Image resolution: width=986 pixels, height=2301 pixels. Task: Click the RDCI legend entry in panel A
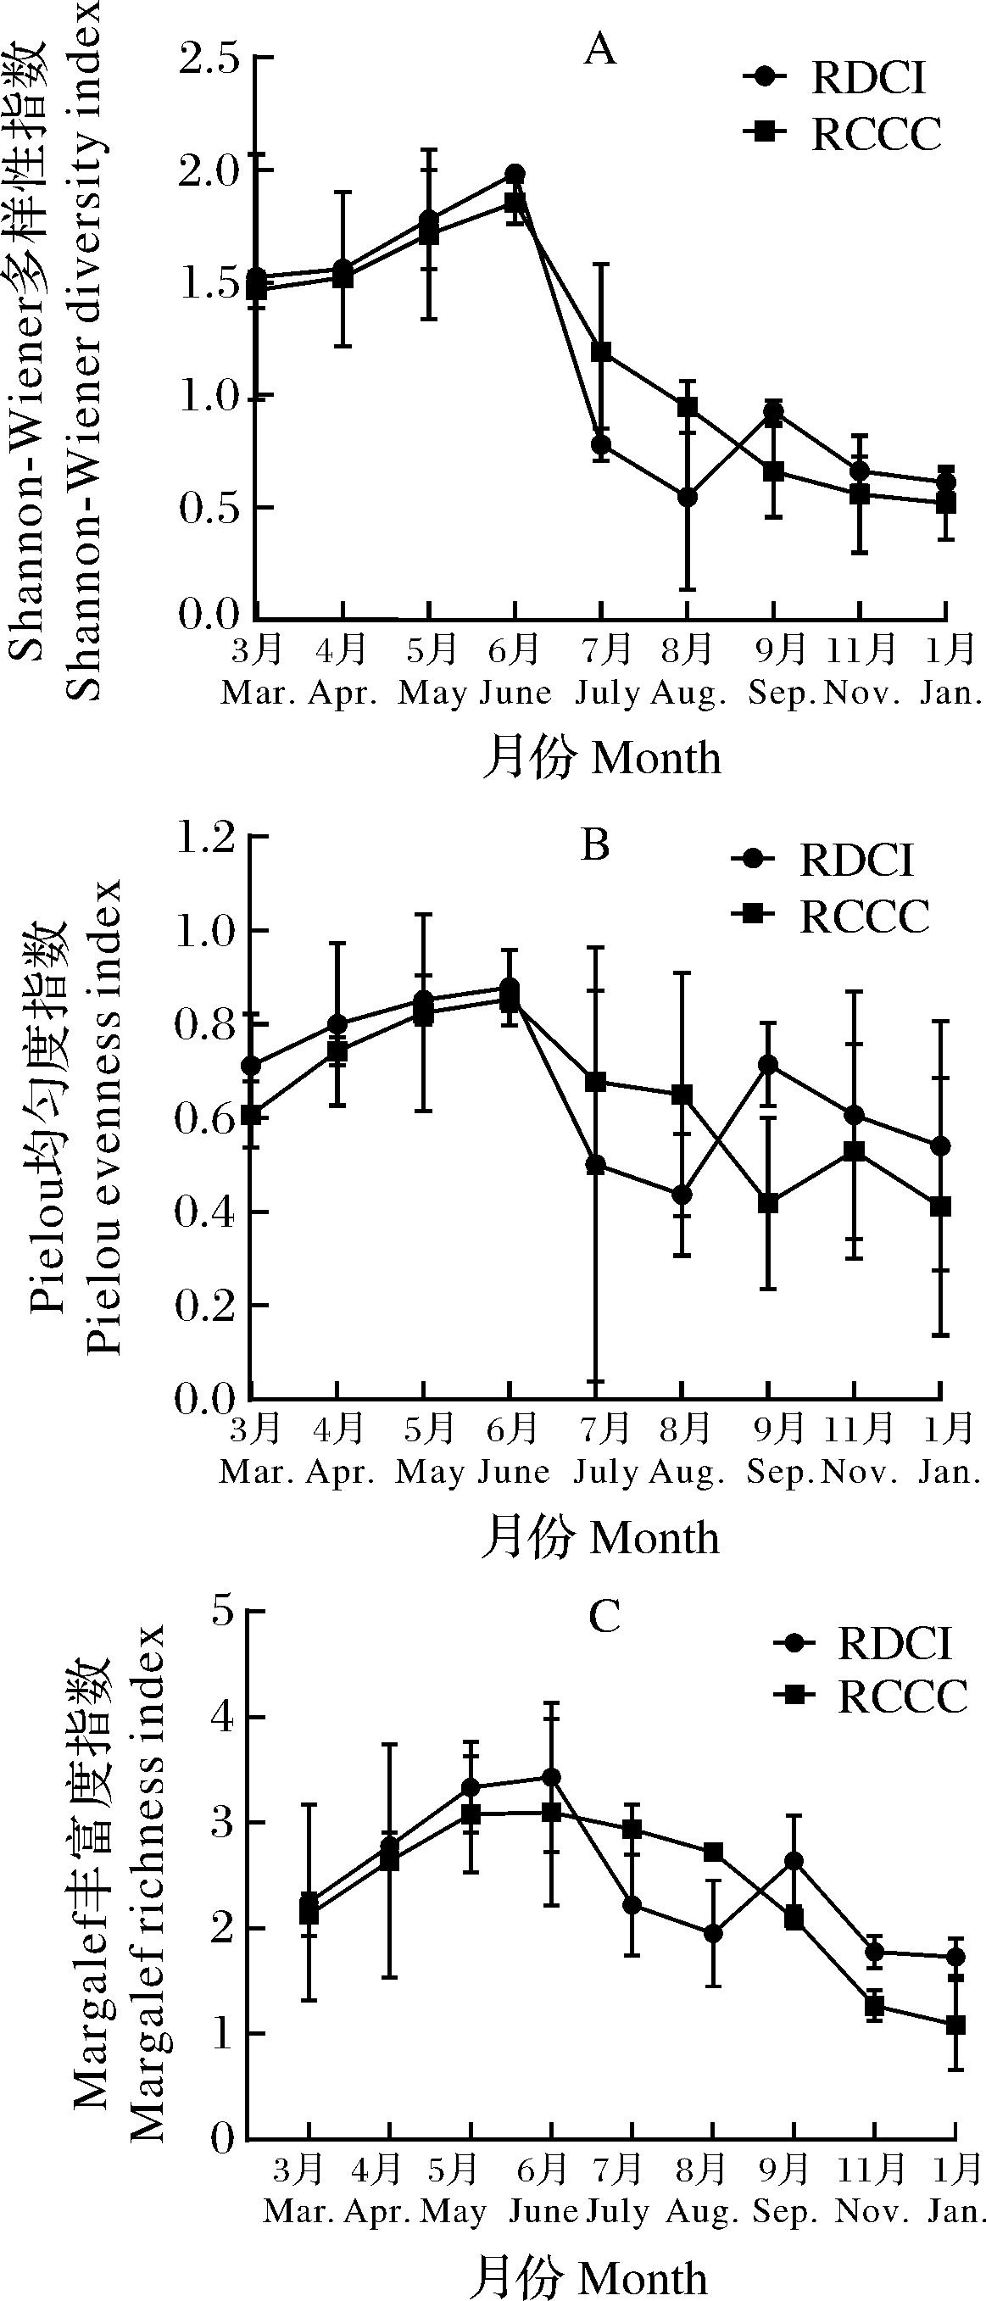tap(866, 78)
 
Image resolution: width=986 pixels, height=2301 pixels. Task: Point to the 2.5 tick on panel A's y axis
tap(211, 59)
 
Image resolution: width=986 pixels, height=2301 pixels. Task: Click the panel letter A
tap(600, 51)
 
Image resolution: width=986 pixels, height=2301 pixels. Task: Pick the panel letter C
tap(604, 1617)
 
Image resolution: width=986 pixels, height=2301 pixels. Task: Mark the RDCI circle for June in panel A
tap(515, 173)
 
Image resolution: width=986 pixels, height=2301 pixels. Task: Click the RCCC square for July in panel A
tap(601, 352)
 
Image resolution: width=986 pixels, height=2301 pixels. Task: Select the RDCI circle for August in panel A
tap(687, 498)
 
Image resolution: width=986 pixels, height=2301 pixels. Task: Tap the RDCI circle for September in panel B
tap(767, 1064)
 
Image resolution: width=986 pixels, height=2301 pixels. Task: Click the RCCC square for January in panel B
tap(940, 1206)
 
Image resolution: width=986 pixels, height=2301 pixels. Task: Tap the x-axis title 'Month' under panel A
tap(655, 758)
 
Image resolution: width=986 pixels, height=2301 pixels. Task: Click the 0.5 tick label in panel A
tap(211, 508)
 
